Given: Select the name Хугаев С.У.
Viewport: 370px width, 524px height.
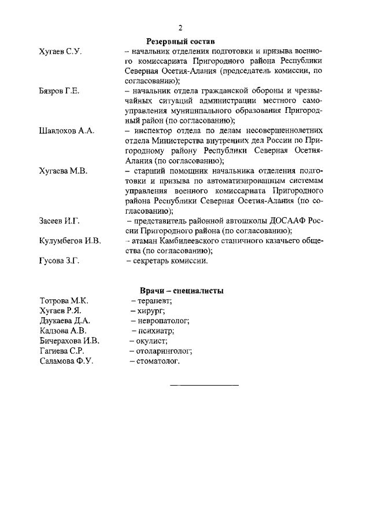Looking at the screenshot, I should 60,52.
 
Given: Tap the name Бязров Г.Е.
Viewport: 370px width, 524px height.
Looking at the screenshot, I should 59,91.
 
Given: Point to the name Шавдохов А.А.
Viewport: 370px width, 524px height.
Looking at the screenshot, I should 66,131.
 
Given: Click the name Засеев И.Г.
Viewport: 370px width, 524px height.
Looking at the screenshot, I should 60,221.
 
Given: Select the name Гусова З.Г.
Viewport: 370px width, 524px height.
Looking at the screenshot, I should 59,261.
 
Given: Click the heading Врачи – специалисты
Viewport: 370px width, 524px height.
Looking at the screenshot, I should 182,291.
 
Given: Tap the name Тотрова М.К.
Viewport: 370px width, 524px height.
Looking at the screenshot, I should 64,301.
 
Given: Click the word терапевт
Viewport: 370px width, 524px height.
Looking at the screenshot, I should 154,301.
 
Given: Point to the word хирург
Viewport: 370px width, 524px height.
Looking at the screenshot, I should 151,311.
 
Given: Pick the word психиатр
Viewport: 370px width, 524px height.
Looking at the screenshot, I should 156,331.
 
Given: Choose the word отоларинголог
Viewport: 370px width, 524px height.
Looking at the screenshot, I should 164,351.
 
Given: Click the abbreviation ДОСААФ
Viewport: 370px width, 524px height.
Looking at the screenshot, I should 287,221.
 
